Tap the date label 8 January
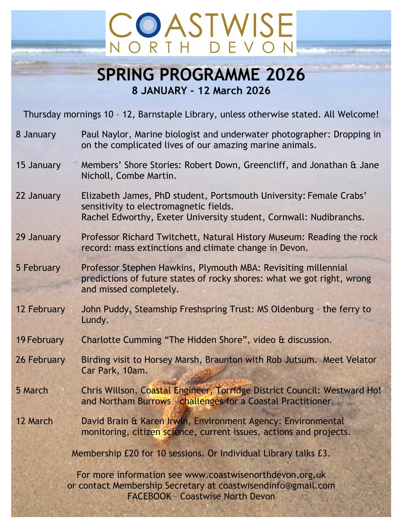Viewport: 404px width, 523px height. (x=36, y=134)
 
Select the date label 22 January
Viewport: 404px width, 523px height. (x=38, y=196)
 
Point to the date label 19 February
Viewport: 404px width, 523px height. (x=40, y=340)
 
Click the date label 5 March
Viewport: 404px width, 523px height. (x=32, y=390)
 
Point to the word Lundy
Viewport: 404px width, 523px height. (x=94, y=320)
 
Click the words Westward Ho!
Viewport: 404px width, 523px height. (x=352, y=390)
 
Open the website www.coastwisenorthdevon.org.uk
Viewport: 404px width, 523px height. (x=255, y=475)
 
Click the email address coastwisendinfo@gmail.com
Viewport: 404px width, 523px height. (x=277, y=485)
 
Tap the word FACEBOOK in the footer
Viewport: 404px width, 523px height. (x=149, y=496)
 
